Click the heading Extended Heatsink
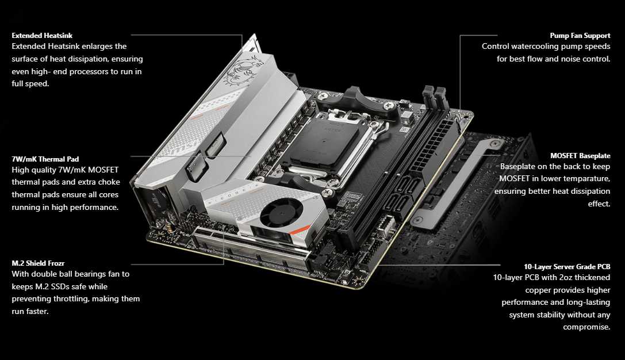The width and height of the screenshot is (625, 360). tap(42, 36)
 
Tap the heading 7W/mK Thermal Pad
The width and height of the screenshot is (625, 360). tap(45, 159)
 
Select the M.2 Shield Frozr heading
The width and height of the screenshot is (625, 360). tap(38, 263)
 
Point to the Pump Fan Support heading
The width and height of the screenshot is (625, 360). tap(580, 36)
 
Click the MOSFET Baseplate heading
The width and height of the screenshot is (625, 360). tap(580, 155)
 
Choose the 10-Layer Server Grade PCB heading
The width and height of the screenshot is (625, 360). tap(567, 267)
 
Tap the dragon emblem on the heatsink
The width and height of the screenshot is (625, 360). tap(243, 71)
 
